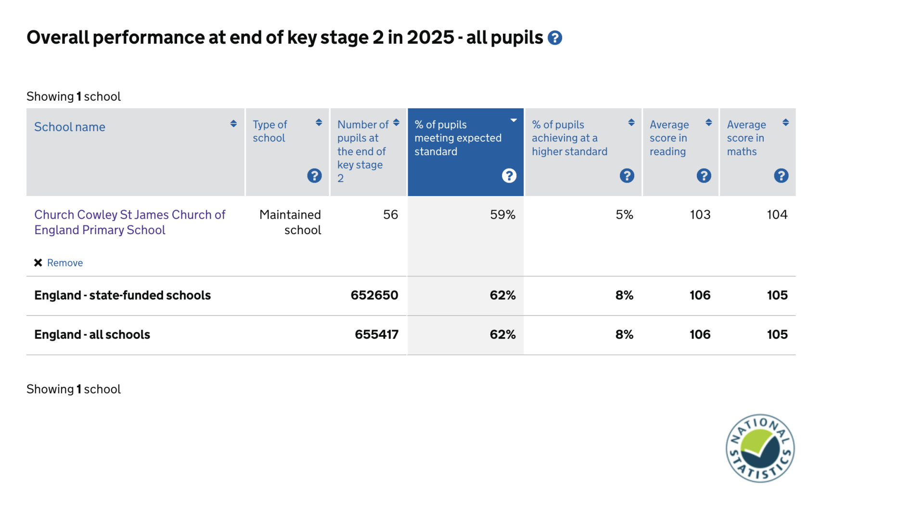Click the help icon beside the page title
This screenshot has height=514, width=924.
pyautogui.click(x=554, y=38)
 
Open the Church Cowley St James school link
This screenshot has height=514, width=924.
pyautogui.click(x=129, y=222)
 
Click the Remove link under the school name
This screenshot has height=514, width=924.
pyautogui.click(x=65, y=263)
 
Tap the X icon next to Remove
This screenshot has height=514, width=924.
pyautogui.click(x=38, y=263)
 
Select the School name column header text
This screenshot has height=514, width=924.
pyautogui.click(x=70, y=127)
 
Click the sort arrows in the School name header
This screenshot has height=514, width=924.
pyautogui.click(x=233, y=124)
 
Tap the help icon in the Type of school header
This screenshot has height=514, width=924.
pyautogui.click(x=314, y=175)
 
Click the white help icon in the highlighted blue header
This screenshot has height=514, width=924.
pyautogui.click(x=509, y=175)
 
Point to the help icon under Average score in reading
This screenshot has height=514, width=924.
pyautogui.click(x=704, y=175)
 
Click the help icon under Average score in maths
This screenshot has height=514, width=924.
pyautogui.click(x=781, y=175)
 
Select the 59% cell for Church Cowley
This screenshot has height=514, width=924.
pyautogui.click(x=502, y=215)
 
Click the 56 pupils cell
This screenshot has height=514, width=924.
pyautogui.click(x=390, y=215)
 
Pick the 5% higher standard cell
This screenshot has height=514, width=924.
pyautogui.click(x=624, y=215)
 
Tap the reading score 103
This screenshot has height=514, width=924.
pyautogui.click(x=700, y=215)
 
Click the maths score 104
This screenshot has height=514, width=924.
pyautogui.click(x=777, y=215)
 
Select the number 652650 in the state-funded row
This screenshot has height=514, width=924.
pyautogui.click(x=374, y=295)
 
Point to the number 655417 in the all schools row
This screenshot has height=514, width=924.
pyautogui.click(x=376, y=335)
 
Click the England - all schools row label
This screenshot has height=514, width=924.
pyautogui.click(x=92, y=335)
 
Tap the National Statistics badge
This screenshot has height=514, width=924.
pyautogui.click(x=760, y=448)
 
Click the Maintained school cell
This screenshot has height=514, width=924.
pyautogui.click(x=290, y=222)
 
